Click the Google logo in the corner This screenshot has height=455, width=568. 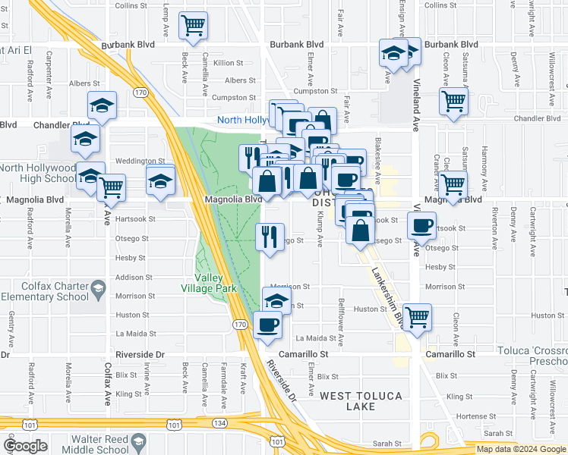25,446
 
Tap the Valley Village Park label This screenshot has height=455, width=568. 209,283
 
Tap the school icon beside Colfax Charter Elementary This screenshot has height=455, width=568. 98,289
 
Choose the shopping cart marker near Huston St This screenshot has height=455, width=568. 416,316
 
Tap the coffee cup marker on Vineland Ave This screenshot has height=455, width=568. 421,224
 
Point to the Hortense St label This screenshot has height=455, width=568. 466,416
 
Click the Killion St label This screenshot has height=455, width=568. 229,63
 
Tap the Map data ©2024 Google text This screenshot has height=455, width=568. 520,449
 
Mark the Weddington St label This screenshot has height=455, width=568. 140,161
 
